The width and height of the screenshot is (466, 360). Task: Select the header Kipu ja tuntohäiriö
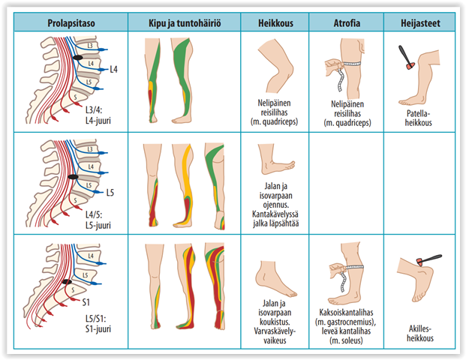tap(183, 22)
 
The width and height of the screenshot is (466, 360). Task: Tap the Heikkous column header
tap(275, 22)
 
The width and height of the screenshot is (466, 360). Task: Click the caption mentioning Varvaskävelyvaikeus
tap(275, 322)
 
